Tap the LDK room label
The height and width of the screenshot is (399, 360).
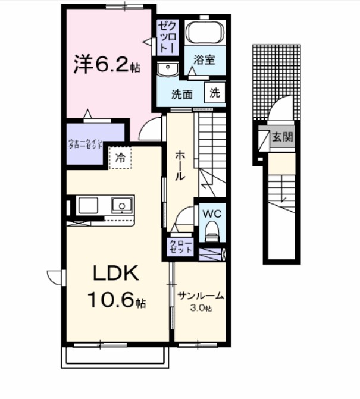[x=115, y=274]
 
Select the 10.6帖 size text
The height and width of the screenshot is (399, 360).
[x=117, y=300]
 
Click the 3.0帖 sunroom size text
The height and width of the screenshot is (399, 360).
[x=201, y=307]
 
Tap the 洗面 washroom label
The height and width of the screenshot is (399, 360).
[x=182, y=93]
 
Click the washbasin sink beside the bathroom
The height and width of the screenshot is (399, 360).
[x=168, y=70]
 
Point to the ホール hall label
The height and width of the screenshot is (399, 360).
[x=180, y=166]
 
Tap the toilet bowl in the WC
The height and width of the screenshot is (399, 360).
[x=211, y=231]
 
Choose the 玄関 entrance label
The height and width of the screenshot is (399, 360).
[x=282, y=137]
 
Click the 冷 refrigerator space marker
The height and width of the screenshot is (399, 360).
[x=120, y=158]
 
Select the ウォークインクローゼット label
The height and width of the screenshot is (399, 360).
[x=87, y=143]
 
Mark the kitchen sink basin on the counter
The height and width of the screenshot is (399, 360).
[x=123, y=206]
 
